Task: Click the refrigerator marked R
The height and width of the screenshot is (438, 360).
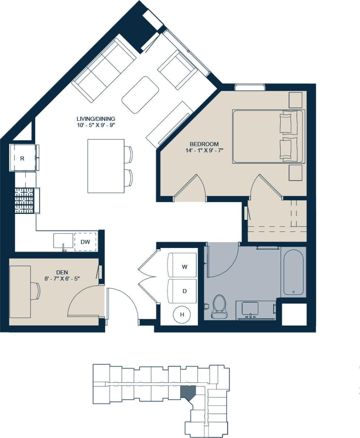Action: pyautogui.click(x=23, y=158)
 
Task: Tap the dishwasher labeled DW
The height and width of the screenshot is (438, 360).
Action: pyautogui.click(x=85, y=242)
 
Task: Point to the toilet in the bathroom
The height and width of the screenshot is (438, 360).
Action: pyautogui.click(x=219, y=306)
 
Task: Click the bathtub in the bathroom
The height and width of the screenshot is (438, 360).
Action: pyautogui.click(x=293, y=272)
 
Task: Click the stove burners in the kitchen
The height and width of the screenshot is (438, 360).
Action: pyautogui.click(x=25, y=200)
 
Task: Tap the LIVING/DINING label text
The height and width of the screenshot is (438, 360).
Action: pyautogui.click(x=96, y=118)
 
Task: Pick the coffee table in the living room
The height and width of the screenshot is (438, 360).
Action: pyautogui.click(x=140, y=95)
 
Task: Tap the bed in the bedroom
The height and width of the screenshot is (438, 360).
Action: pyautogui.click(x=268, y=136)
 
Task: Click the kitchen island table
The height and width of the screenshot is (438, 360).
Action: pyautogui.click(x=106, y=166)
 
